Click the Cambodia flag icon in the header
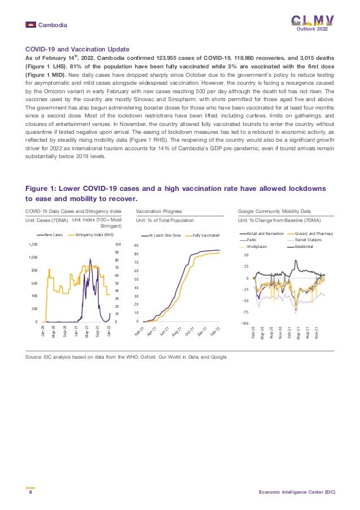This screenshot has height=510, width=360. pos(30,25)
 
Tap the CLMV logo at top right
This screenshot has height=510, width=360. pos(312,20)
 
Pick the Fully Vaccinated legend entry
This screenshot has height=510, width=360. pos(205,234)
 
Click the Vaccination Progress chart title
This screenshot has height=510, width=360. pos(159,210)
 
